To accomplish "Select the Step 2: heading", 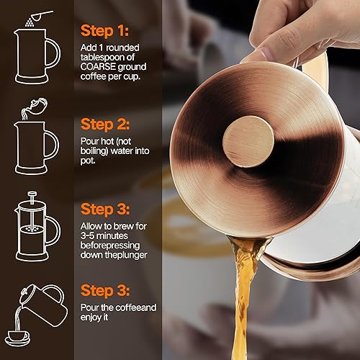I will [107, 125].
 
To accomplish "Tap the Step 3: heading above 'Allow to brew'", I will [107, 210].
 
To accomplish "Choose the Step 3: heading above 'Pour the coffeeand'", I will [107, 293].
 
